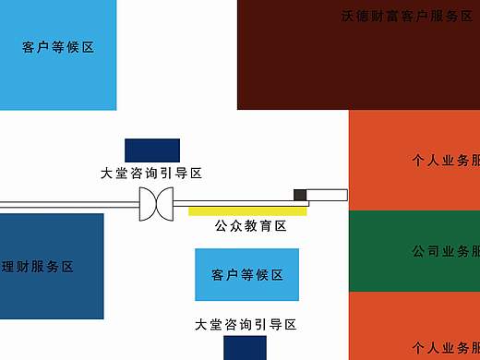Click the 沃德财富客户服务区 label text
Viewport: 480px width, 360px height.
pyautogui.click(x=407, y=16)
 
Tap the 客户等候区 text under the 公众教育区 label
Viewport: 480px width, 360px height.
pyautogui.click(x=246, y=275)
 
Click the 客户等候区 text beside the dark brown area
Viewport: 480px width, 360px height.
pyautogui.click(x=58, y=48)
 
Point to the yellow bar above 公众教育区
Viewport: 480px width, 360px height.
pyautogui.click(x=247, y=211)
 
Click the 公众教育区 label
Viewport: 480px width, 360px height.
pyautogui.click(x=251, y=226)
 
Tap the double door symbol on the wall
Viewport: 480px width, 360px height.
pyautogui.click(x=156, y=203)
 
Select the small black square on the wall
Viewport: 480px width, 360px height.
pyautogui.click(x=300, y=194)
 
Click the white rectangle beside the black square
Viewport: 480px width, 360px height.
pyautogui.click(x=327, y=195)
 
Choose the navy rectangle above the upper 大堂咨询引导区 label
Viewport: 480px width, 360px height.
pyautogui.click(x=152, y=150)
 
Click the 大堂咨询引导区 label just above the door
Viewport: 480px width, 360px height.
pyautogui.click(x=151, y=173)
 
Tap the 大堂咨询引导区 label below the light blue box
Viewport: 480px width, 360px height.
pyautogui.click(x=246, y=324)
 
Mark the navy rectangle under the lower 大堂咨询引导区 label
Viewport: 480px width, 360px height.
pyautogui.click(x=245, y=348)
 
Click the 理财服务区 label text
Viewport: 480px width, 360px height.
pyautogui.click(x=37, y=267)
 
